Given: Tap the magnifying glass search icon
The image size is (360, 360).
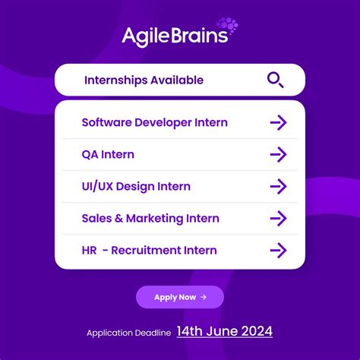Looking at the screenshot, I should (276, 80).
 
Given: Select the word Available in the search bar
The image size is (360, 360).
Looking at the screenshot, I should (177, 80).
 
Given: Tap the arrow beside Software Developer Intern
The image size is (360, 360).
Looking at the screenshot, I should (279, 122).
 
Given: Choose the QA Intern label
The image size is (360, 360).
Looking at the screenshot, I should (108, 154).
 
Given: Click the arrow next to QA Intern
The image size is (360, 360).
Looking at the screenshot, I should (279, 154).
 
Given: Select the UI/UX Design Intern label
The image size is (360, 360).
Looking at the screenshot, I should (136, 186).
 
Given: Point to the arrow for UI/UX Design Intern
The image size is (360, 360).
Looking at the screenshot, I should (279, 186).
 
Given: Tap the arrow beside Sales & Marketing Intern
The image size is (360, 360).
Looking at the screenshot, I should (279, 218).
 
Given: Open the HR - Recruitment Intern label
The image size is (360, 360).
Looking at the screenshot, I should (149, 250).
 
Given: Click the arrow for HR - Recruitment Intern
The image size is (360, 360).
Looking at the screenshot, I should (279, 250).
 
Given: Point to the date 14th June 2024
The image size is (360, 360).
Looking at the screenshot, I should (224, 331).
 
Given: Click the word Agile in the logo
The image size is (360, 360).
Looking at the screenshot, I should (147, 36).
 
